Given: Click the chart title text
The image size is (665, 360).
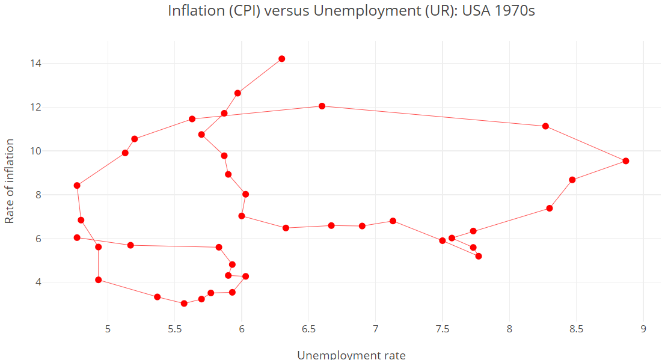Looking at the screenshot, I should coord(351,11).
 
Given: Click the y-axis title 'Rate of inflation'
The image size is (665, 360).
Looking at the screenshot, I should coord(10,181).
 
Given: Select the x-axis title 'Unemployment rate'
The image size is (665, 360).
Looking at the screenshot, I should coord(351,355).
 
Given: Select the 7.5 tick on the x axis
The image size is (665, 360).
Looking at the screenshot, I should coord(443,329).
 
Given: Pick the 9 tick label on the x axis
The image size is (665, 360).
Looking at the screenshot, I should coord(643,329).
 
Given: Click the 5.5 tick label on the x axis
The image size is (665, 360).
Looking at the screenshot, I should coord(174,329).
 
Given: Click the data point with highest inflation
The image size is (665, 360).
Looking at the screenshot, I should coord(281,59).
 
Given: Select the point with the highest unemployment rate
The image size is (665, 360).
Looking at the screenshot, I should coord(626,161).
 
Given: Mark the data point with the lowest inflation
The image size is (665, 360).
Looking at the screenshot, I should coord(184,304).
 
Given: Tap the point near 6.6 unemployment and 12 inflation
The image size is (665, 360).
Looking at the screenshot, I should coord(322,106).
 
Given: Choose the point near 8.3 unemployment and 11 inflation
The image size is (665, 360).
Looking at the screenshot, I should coord(545,126).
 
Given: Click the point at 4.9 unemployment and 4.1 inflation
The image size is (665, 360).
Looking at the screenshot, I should coord(98,280).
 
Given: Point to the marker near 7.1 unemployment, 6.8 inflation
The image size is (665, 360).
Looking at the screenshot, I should coord(393,221).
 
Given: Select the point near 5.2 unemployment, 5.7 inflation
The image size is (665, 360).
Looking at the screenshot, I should coord(130,245).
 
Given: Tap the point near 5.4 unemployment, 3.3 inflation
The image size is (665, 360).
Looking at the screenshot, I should coord(157,297).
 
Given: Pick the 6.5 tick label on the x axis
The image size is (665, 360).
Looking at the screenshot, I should coord(308,329).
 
